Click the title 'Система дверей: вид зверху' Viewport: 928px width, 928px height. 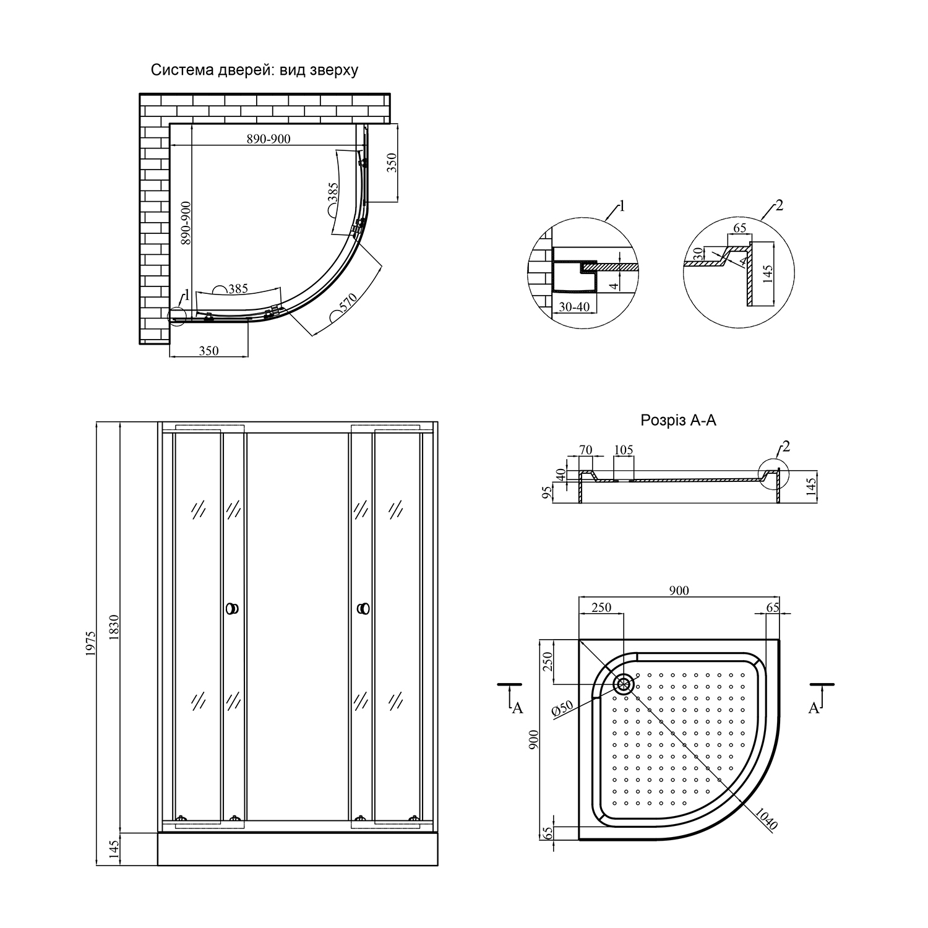(x=254, y=70)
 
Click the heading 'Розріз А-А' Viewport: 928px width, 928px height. (x=678, y=421)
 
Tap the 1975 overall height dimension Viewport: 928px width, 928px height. (x=91, y=644)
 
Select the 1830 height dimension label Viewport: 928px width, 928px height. (x=113, y=628)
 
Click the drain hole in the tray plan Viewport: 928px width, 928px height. (x=624, y=684)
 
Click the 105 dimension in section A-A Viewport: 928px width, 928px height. (x=624, y=450)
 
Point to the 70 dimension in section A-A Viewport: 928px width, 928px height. (x=585, y=450)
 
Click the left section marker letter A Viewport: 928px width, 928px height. (x=518, y=708)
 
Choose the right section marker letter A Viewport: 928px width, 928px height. (x=814, y=708)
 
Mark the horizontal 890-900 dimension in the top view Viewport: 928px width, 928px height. (x=269, y=139)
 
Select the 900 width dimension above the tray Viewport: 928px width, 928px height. (x=679, y=591)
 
